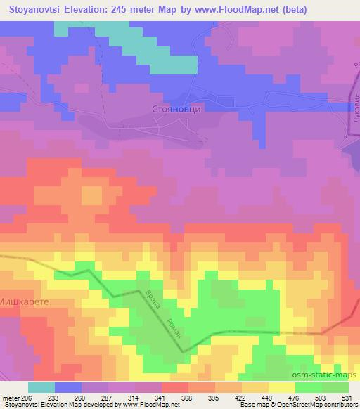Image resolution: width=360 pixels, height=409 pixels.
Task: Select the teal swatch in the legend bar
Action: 41,387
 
